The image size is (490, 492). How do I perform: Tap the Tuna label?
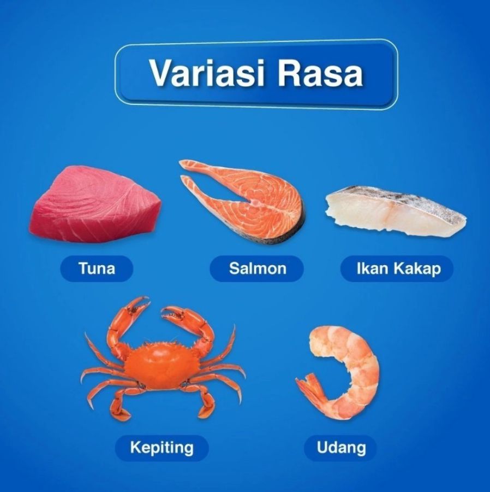pos(97,269)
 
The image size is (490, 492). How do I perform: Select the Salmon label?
pos(257,269)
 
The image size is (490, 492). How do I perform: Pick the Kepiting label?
pos(162,448)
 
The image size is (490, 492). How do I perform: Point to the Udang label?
pos(341,448)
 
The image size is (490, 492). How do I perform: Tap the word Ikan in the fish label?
pos(371,269)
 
